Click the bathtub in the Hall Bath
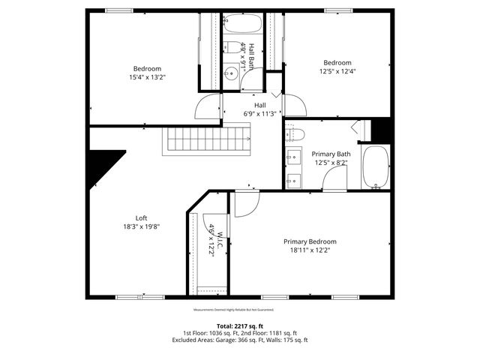click(241, 24)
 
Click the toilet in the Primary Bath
click(295, 135)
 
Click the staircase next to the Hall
click(208, 139)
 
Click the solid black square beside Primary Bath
click(382, 130)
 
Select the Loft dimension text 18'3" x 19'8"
click(142, 226)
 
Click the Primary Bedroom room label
click(310, 241)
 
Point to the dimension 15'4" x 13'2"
click(147, 76)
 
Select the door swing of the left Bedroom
click(207, 108)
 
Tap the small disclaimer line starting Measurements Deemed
click(233, 309)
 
